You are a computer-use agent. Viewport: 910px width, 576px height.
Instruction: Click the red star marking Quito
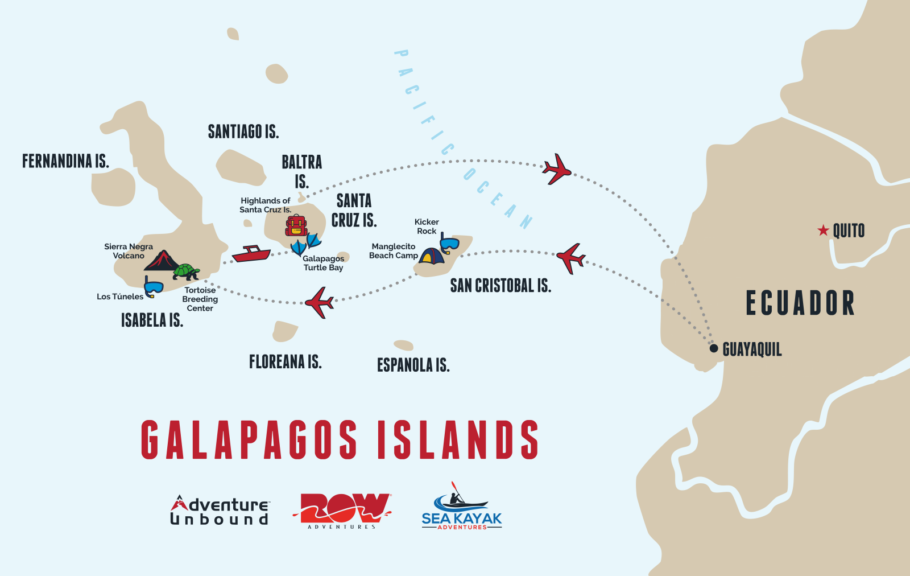[823, 231]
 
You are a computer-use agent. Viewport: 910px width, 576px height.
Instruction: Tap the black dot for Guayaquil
[714, 348]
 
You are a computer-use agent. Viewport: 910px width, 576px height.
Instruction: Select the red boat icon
[251, 254]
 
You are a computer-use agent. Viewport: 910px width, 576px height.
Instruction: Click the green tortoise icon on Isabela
[186, 271]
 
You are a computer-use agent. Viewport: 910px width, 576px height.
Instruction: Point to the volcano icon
[162, 261]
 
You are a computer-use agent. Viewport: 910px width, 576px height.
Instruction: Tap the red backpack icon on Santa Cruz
[296, 226]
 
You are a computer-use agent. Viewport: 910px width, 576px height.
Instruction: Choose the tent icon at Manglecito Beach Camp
[432, 256]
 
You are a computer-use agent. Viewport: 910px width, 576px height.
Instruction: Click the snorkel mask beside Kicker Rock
[449, 243]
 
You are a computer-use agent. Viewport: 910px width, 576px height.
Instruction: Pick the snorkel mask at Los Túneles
[153, 287]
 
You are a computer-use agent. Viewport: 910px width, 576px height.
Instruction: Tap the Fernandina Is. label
[65, 162]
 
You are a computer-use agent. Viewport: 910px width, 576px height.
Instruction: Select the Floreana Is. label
[286, 362]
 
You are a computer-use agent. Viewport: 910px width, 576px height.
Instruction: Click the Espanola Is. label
[413, 365]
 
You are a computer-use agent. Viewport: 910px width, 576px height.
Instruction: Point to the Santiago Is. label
[243, 132]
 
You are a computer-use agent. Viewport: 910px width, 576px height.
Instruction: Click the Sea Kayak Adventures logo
[462, 507]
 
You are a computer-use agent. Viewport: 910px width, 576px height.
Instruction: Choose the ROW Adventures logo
[342, 510]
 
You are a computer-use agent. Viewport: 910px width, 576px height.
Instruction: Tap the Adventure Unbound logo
[220, 510]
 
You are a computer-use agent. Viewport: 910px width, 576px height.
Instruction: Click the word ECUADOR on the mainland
[800, 303]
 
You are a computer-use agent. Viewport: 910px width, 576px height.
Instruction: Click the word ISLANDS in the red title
[458, 440]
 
